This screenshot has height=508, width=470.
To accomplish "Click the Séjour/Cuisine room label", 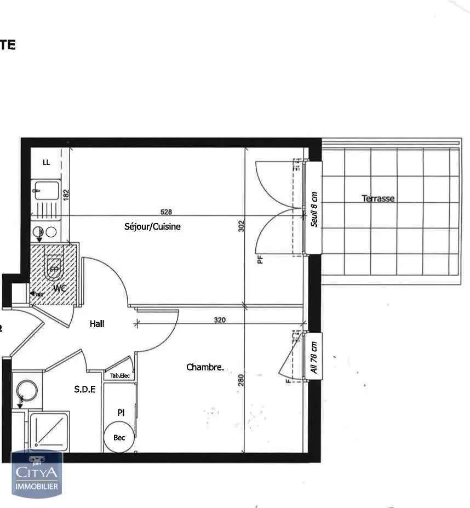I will [152, 226].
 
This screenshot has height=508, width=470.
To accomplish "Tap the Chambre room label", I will [205, 367].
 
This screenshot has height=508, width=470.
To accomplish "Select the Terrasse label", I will [378, 198].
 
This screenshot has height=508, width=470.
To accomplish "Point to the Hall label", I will [97, 324].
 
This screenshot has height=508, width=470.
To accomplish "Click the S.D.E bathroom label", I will [85, 390].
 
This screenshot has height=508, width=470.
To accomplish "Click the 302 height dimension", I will [240, 226].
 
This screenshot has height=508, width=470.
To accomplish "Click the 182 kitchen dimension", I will [66, 195].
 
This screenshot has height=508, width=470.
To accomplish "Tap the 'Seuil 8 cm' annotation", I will [314, 209].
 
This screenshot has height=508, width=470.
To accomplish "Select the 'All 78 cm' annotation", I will [314, 357].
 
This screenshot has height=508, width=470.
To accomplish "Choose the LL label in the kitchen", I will [47, 162].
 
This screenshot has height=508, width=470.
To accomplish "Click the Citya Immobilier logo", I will [37, 474].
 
